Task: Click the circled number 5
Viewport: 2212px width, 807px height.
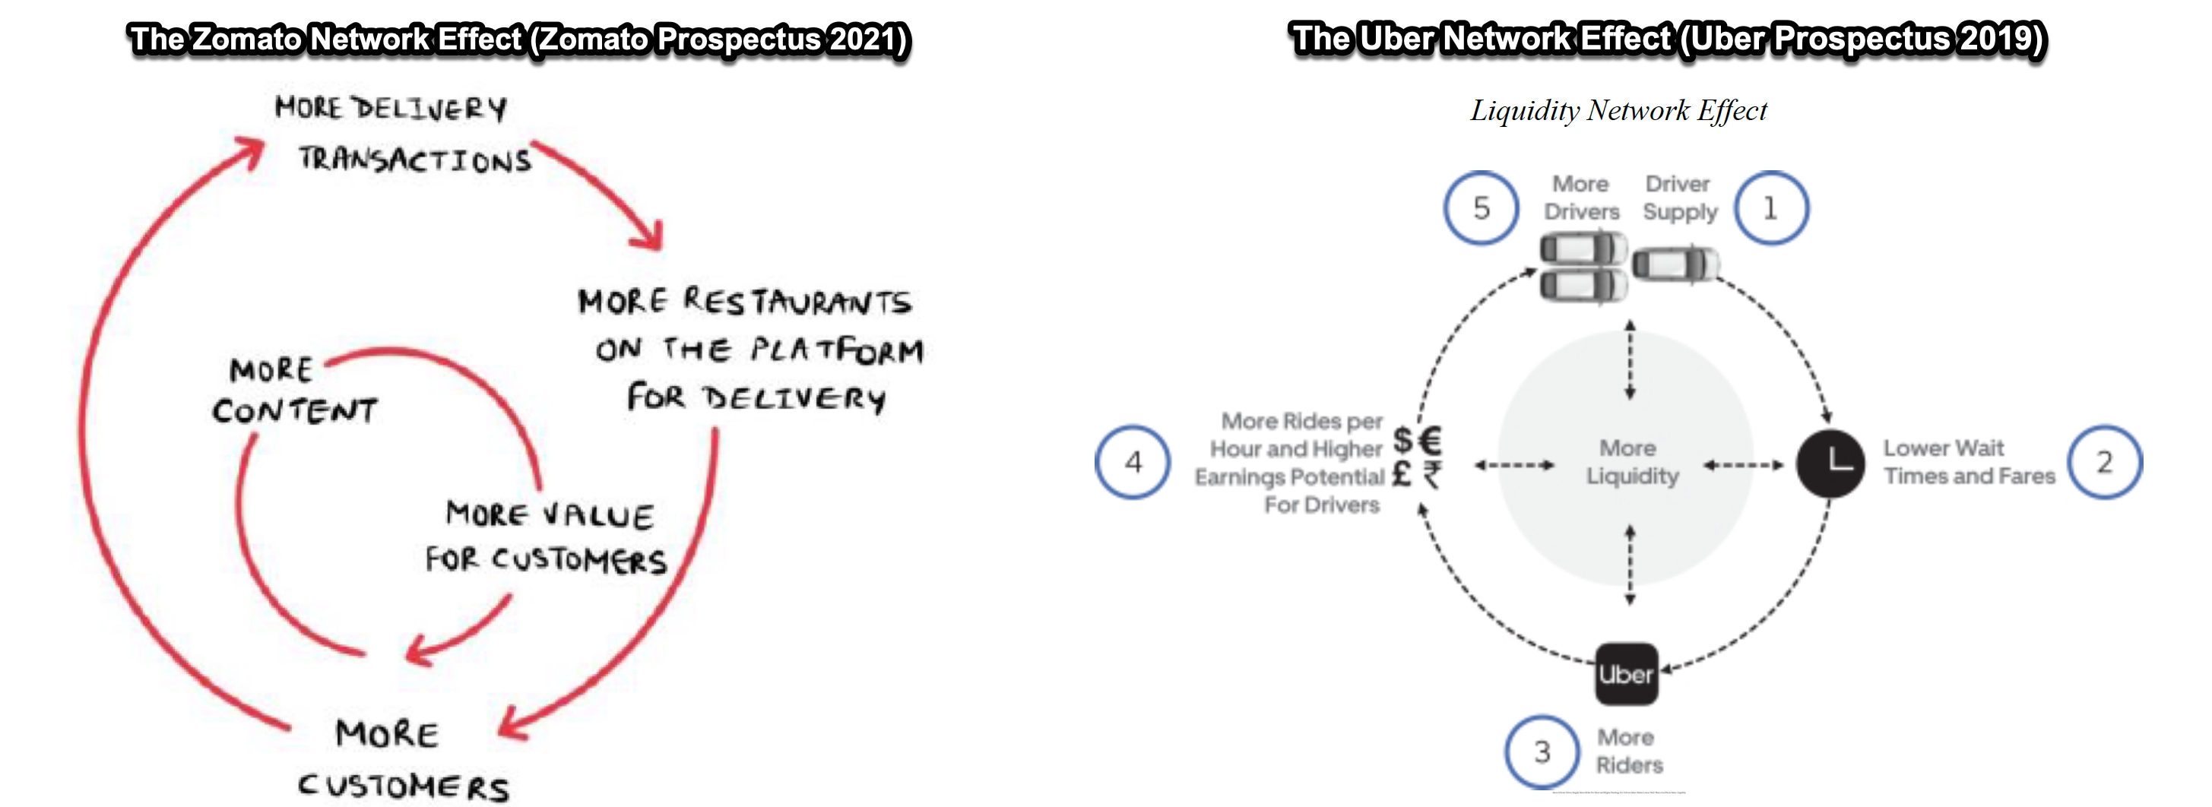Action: coord(1482,207)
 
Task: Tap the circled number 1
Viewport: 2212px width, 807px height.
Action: coord(1770,207)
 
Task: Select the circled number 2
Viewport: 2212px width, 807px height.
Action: coord(2104,462)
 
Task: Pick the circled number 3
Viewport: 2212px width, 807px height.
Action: coord(1542,752)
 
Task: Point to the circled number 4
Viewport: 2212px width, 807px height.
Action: coord(1133,462)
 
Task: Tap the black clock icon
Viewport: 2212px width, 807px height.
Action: coord(1830,464)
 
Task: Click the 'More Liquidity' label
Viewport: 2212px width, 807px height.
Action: coord(1630,462)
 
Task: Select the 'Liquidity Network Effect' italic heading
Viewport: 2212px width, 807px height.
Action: coord(1618,111)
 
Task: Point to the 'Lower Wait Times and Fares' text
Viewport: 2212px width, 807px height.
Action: coord(1968,462)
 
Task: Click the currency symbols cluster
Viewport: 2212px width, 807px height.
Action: coord(1417,457)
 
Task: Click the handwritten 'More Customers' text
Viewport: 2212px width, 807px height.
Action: coord(402,760)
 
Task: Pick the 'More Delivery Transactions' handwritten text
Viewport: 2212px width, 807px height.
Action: coord(402,134)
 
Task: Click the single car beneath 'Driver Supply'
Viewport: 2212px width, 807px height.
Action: coord(1675,264)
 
